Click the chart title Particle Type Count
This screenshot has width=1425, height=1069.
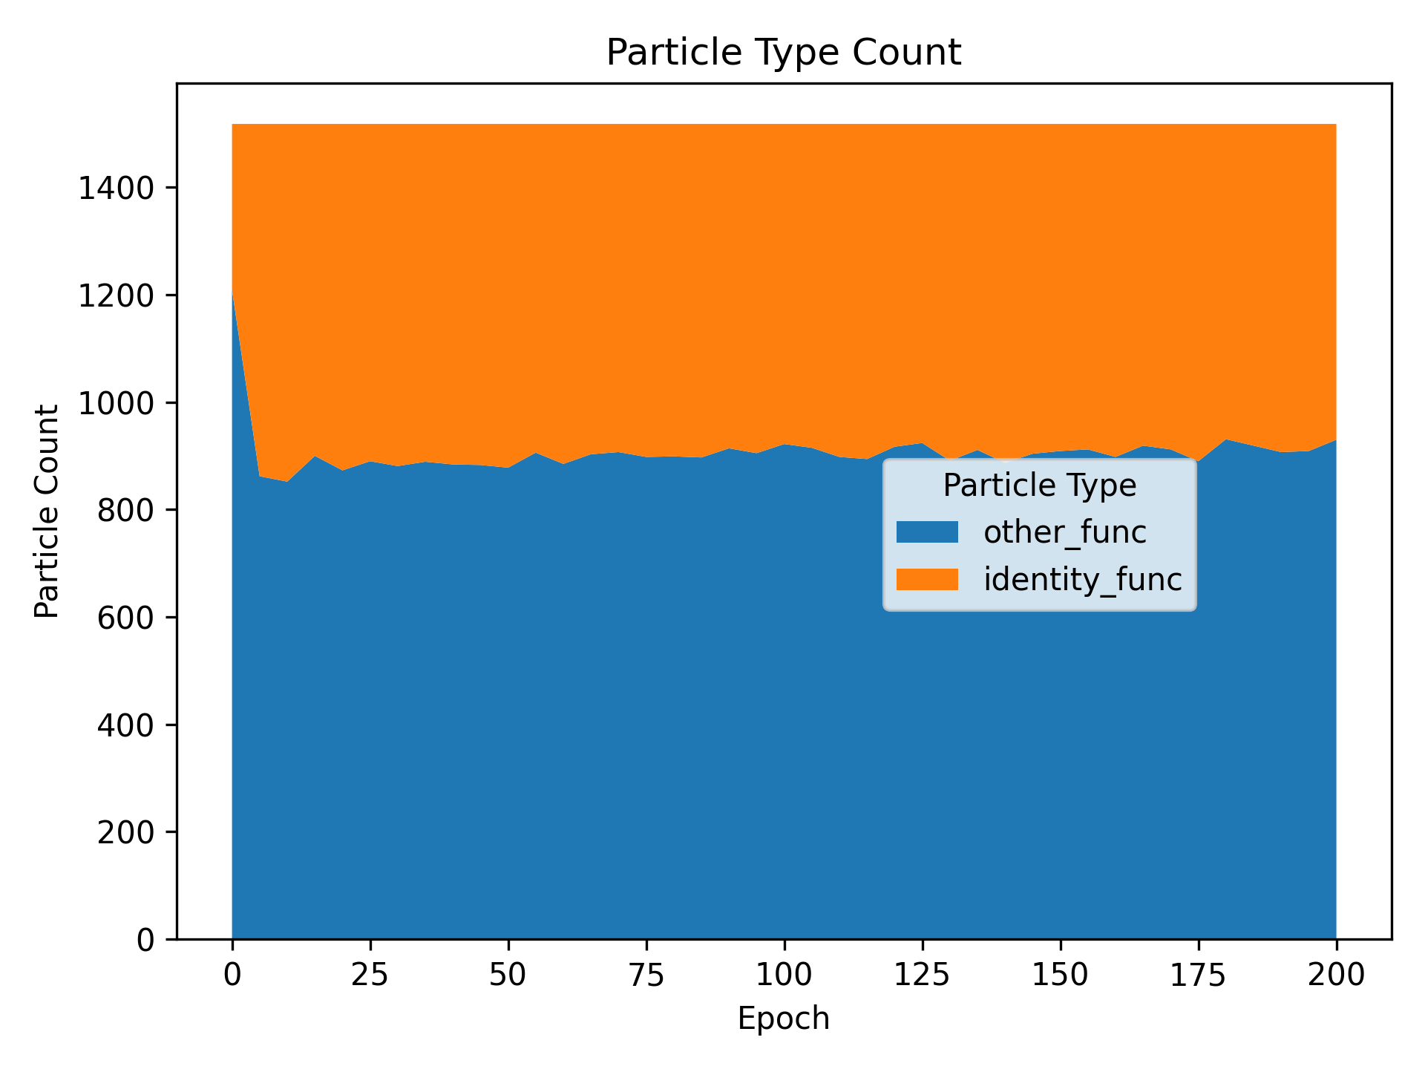784,53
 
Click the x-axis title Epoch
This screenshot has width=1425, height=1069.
784,1019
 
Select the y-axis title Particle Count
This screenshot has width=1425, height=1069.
47,511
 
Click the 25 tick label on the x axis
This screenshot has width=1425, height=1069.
370,975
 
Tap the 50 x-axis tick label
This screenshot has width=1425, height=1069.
508,975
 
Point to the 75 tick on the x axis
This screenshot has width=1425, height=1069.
646,975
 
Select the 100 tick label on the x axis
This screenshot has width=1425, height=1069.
784,975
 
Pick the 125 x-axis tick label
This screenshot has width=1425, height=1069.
923,975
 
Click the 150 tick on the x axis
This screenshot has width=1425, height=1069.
1061,975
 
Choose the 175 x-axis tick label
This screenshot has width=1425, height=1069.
1199,975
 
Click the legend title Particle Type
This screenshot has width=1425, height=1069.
1039,486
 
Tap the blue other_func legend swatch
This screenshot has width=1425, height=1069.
927,532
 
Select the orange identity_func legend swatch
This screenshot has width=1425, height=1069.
927,579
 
